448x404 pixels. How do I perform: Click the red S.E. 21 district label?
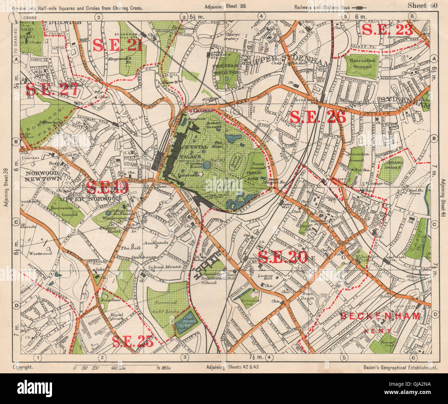coord(117,45)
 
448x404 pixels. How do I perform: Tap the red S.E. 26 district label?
coord(318,117)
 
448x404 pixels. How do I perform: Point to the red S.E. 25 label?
coord(133,341)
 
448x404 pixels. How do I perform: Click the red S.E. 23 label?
coord(387,30)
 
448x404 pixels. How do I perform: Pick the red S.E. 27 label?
coord(51,90)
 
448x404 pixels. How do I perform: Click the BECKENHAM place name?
coord(380,316)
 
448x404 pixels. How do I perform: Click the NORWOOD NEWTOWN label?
coord(43,175)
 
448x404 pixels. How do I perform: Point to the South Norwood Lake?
coord(186,321)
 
